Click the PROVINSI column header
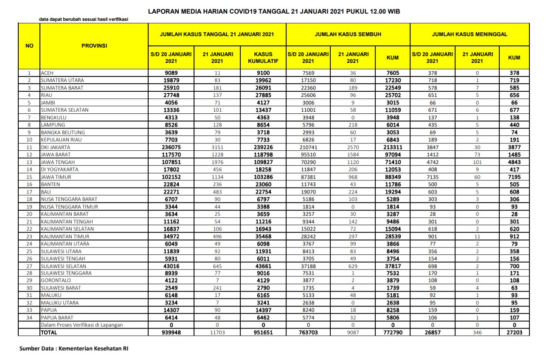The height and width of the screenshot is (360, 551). coord(94,45)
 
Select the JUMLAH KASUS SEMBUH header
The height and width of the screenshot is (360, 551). coord(348,34)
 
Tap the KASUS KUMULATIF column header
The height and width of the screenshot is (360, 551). coord(263,58)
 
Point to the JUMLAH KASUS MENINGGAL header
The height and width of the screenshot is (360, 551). coord(469,34)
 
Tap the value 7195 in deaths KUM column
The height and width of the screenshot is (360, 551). coord(514,177)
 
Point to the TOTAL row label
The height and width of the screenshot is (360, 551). coord(48,333)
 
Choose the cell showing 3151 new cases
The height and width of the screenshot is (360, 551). coord(217,147)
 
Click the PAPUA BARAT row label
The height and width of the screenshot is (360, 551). coord(56,318)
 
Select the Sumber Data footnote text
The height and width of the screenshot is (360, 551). coord(74,349)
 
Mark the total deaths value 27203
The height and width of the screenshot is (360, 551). coord(514,333)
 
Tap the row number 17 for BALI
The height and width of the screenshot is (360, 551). coord(29,191)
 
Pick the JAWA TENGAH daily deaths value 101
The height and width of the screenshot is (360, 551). coord(478,162)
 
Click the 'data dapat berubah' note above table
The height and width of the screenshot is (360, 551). coord(83,19)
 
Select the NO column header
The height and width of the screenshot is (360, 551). coord(29,45)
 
